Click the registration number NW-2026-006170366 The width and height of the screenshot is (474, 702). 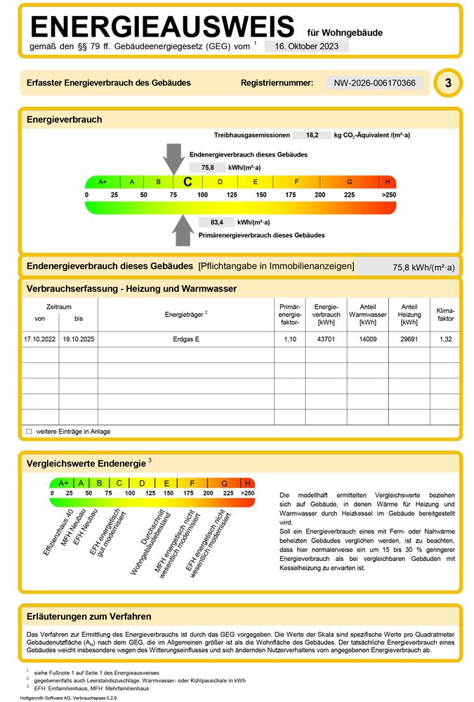[x=374, y=83]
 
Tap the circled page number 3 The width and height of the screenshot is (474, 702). [x=448, y=84]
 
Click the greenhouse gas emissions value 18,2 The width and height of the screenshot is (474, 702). [x=312, y=135]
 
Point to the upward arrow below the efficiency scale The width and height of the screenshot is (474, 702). [x=183, y=230]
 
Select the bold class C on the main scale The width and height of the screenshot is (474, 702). [x=187, y=181]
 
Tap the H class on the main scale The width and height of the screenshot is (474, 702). [x=387, y=181]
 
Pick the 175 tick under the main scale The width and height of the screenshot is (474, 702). [x=290, y=194]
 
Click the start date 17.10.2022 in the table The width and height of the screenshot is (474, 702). [x=40, y=339]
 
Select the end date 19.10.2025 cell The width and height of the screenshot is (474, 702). [x=78, y=339]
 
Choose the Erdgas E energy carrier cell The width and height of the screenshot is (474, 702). [x=185, y=339]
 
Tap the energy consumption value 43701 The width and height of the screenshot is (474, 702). [x=326, y=339]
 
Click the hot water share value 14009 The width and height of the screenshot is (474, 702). [x=368, y=339]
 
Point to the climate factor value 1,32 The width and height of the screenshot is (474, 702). [x=445, y=339]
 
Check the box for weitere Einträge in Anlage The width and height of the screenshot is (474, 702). [x=29, y=432]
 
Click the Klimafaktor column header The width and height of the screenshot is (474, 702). [x=445, y=314]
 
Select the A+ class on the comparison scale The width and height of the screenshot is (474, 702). [x=63, y=483]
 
